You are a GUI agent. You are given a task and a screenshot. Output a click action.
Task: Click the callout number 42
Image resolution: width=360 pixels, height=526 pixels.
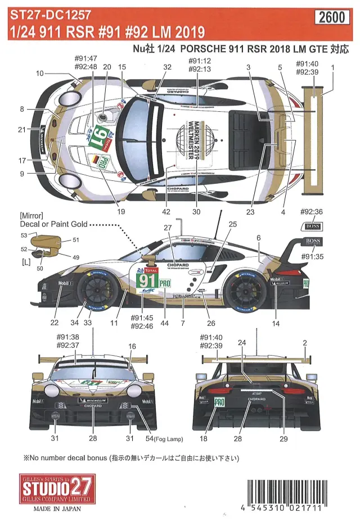(166, 212)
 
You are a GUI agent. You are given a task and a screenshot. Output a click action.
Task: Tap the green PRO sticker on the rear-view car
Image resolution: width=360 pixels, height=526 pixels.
(220, 402)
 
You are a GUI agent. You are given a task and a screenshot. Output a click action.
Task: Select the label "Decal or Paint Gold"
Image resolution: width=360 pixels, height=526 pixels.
(53, 224)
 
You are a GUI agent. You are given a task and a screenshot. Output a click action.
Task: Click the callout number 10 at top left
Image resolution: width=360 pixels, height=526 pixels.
(39, 74)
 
